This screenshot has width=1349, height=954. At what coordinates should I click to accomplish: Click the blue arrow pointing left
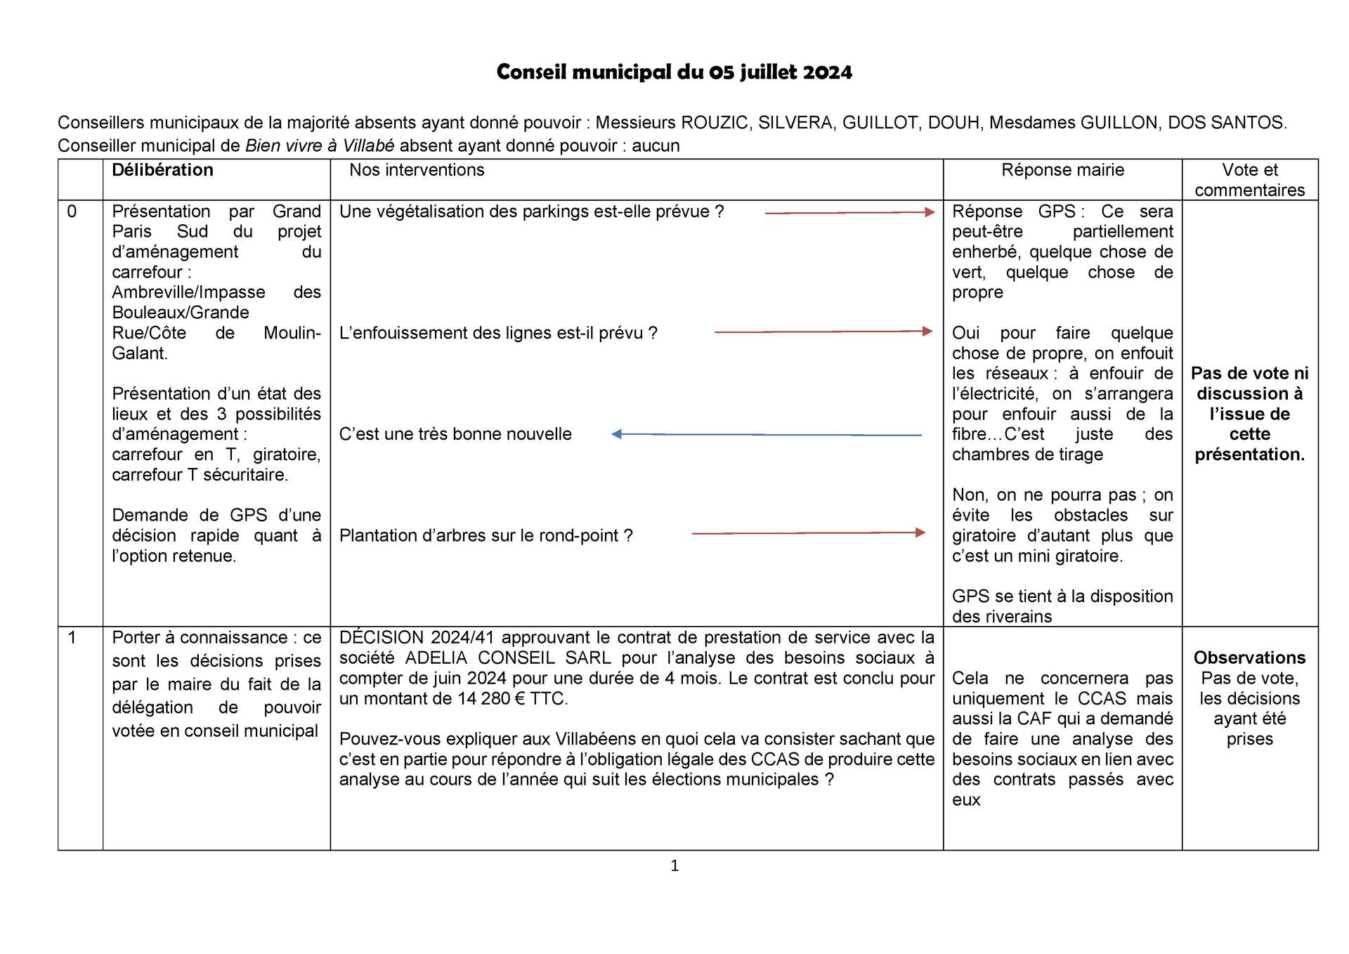click(766, 435)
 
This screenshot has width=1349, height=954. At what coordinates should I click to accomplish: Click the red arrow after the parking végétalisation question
click(849, 212)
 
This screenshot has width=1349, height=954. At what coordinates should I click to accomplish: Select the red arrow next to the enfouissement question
click(823, 331)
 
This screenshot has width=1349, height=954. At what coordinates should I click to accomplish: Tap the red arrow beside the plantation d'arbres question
click(808, 533)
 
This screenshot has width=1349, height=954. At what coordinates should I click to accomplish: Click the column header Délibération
click(162, 170)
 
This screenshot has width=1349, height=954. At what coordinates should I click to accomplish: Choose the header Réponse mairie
click(1062, 170)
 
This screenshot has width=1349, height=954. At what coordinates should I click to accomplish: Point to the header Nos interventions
click(417, 170)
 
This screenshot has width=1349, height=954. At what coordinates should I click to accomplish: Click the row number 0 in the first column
click(72, 211)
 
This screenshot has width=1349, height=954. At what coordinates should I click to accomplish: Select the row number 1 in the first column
click(72, 638)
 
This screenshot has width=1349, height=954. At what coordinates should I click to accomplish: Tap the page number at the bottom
click(674, 866)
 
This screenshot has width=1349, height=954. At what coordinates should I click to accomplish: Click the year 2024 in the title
click(827, 72)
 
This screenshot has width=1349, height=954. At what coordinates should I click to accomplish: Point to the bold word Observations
click(1249, 658)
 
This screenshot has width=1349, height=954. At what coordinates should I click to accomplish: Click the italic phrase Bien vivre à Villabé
click(319, 146)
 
